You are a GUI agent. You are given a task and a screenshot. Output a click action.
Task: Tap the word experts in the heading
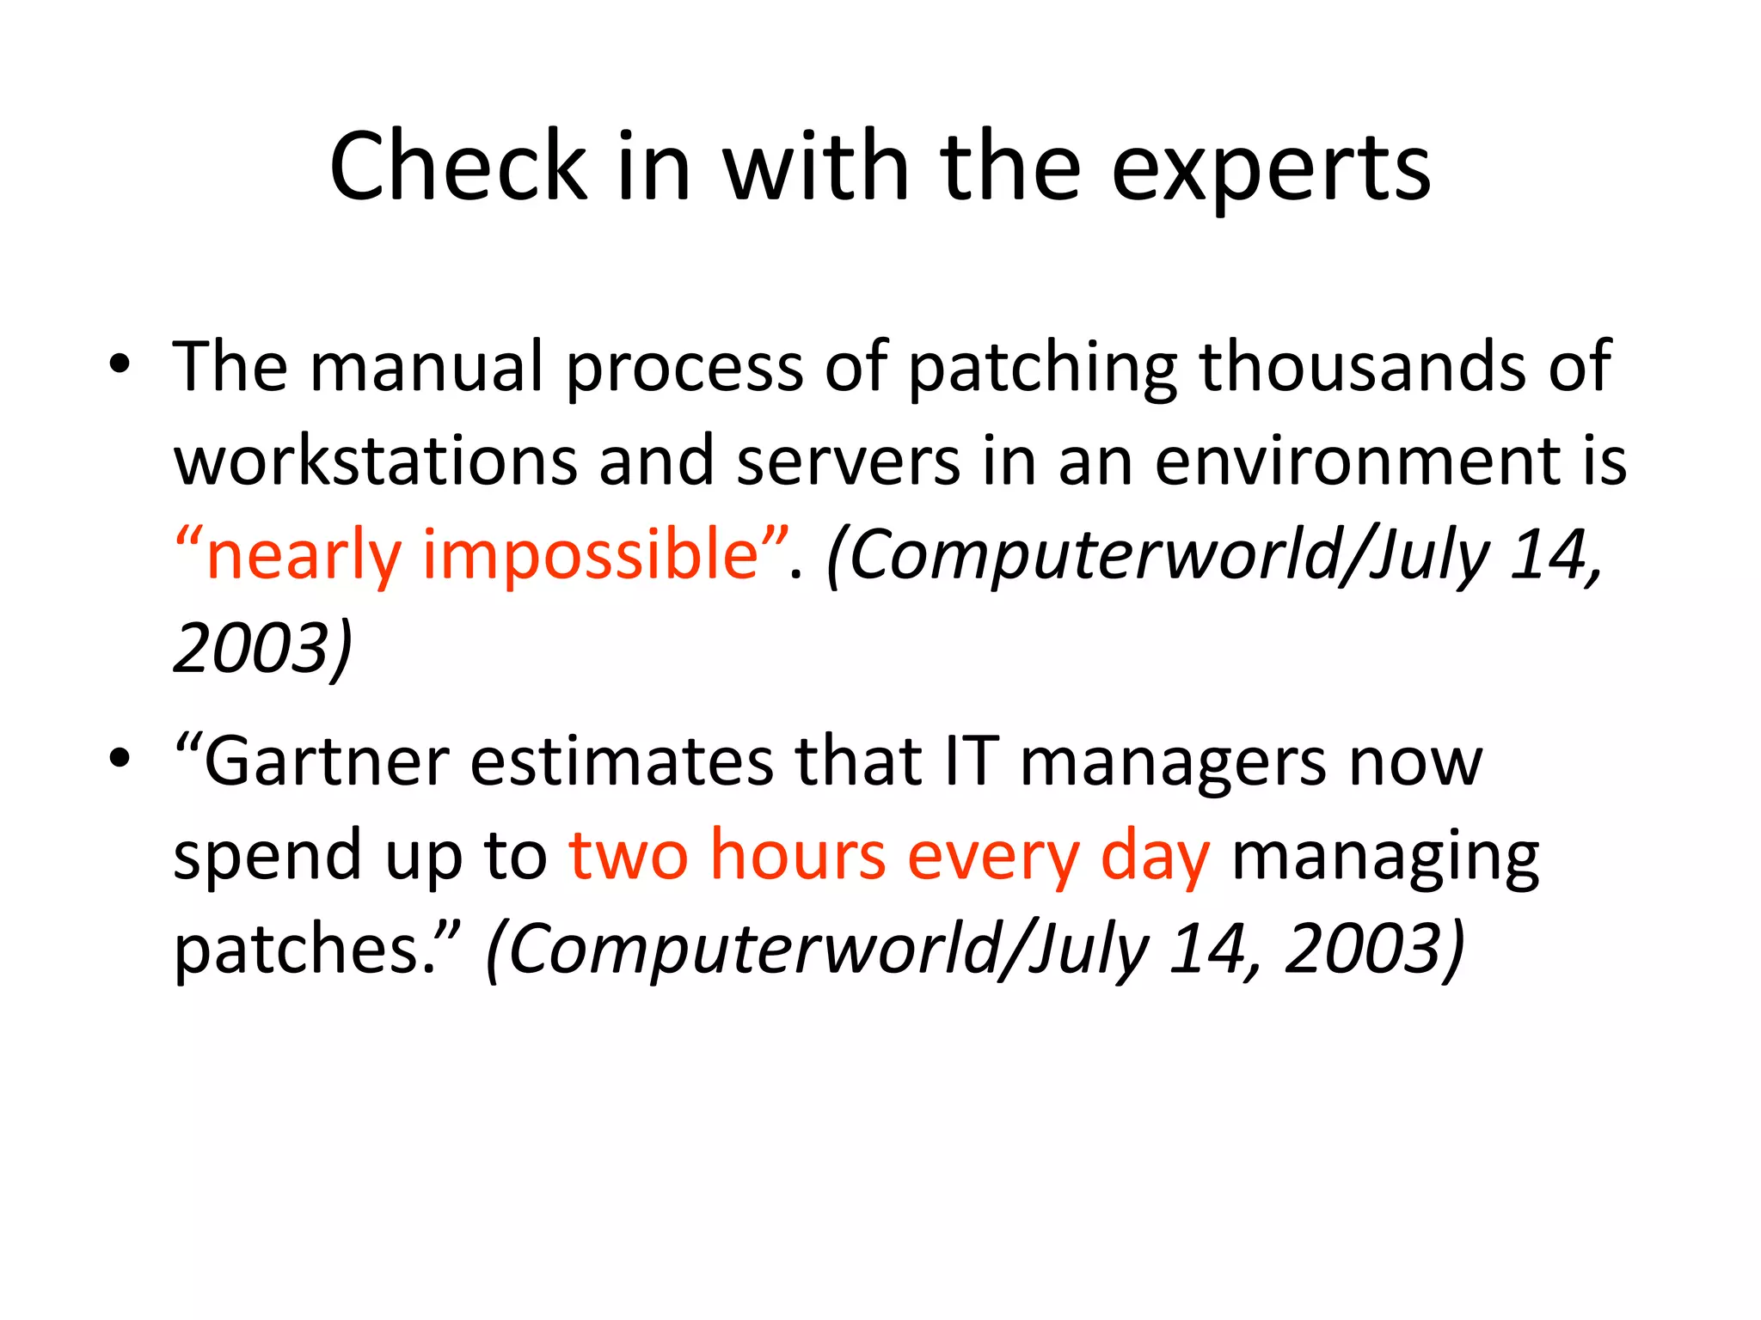(1271, 168)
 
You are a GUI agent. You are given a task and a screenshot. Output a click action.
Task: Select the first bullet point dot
(120, 365)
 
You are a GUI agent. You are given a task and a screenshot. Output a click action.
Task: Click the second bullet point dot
(120, 758)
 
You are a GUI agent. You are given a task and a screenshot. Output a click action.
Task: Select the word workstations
(376, 461)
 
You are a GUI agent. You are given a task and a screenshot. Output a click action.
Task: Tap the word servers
(848, 462)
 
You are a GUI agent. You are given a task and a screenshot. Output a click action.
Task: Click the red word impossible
(591, 556)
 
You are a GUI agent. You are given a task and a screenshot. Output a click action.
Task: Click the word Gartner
(327, 762)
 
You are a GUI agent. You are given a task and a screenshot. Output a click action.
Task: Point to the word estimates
(622, 762)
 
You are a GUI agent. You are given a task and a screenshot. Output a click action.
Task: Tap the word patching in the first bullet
(1042, 369)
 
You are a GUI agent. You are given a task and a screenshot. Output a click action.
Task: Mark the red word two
(629, 855)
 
